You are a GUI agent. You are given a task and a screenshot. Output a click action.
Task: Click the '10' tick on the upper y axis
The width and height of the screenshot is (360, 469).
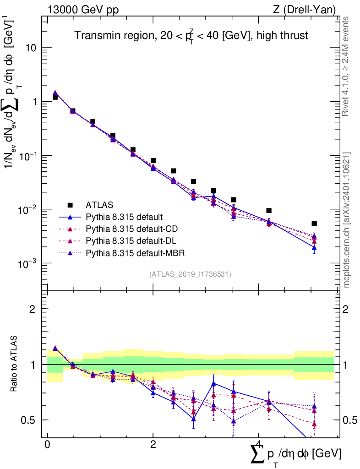click(x=32, y=48)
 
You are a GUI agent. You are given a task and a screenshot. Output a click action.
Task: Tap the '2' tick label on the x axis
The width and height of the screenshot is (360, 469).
click(x=153, y=445)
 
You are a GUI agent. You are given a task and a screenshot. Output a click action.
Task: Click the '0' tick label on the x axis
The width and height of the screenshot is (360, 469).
click(x=47, y=445)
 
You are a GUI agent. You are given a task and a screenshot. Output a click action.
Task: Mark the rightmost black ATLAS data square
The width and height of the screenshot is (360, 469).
click(x=314, y=224)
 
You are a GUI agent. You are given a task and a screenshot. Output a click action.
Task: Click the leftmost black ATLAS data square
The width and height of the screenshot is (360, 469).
click(x=55, y=97)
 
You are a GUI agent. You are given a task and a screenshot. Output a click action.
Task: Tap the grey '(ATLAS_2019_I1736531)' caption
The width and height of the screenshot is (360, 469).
click(x=190, y=274)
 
